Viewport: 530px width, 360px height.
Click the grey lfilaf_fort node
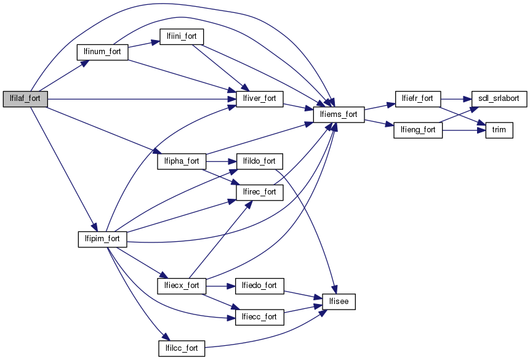pyautogui.click(x=25, y=98)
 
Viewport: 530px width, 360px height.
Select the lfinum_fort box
pyautogui.click(x=102, y=52)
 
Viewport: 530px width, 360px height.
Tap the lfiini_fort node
pyautogui.click(x=181, y=36)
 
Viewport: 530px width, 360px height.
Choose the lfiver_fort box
pyautogui.click(x=259, y=98)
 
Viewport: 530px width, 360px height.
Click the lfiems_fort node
pyautogui.click(x=339, y=114)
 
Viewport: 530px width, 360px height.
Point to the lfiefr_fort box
pyautogui.click(x=417, y=98)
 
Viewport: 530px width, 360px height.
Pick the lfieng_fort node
pyautogui.click(x=417, y=130)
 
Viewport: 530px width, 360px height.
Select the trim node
pyautogui.click(x=499, y=130)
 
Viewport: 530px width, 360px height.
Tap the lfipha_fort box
pyautogui.click(x=181, y=161)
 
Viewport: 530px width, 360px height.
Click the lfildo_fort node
pyautogui.click(x=259, y=161)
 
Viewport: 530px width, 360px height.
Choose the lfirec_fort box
pyautogui.click(x=259, y=192)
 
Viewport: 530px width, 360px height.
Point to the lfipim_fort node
pyautogui.click(x=102, y=238)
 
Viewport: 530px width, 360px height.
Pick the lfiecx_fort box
pyautogui.click(x=181, y=286)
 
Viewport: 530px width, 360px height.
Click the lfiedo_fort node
pyautogui.click(x=259, y=286)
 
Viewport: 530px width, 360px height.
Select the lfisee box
pyautogui.click(x=339, y=302)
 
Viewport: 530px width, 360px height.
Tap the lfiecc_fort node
pyautogui.click(x=259, y=317)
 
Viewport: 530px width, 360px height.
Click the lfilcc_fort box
pyautogui.click(x=181, y=348)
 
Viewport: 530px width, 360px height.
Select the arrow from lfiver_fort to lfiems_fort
pyautogui.click(x=298, y=106)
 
